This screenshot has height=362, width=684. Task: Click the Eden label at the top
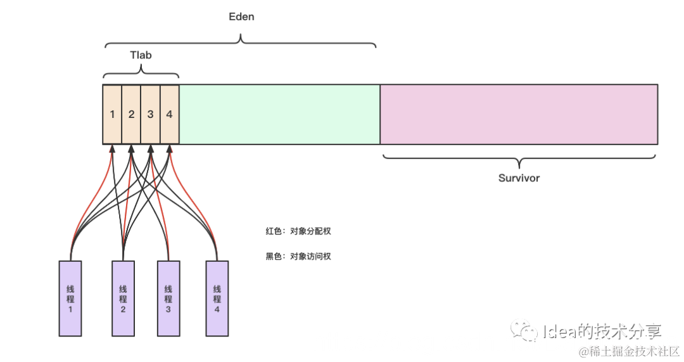tap(241, 17)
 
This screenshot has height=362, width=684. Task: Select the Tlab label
tap(141, 55)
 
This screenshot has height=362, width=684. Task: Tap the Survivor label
tap(519, 178)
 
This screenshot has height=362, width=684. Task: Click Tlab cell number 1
tap(112, 115)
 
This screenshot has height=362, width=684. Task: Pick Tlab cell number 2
tap(131, 115)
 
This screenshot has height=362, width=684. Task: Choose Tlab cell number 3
tap(150, 115)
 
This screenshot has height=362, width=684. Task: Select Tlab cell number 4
tap(169, 115)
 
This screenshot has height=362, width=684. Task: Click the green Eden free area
tap(279, 114)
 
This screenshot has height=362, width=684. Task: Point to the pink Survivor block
tap(519, 114)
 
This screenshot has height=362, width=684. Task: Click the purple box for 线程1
tap(70, 298)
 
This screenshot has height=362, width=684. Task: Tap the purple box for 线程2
tap(123, 298)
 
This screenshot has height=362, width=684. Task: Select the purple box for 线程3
tap(168, 298)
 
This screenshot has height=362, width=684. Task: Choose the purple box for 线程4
tap(217, 298)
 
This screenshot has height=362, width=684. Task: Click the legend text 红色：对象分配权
tap(298, 231)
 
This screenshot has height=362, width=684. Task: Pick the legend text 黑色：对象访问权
tap(298, 257)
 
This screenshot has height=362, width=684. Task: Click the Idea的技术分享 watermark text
tap(602, 331)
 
